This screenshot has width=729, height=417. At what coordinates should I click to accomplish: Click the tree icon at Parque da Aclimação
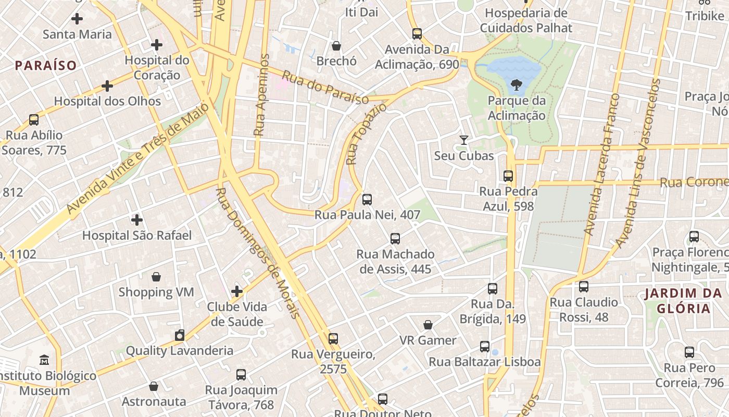point(517,84)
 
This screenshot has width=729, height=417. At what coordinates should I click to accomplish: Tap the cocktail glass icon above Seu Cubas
point(463,140)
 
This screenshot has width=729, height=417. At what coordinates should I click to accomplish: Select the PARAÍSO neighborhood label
point(46,65)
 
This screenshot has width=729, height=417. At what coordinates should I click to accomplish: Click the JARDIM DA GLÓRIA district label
point(683,301)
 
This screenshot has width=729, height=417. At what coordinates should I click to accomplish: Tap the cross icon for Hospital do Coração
point(156,45)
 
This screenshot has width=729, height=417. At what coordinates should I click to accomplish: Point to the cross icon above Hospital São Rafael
point(137,220)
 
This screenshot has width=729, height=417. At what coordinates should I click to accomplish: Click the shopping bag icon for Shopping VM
point(156,276)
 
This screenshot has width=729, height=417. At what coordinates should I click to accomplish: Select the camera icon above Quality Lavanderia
point(180,335)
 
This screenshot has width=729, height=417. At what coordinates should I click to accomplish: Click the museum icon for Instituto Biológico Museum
point(44,360)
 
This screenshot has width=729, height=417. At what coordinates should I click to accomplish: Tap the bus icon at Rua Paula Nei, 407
point(367,199)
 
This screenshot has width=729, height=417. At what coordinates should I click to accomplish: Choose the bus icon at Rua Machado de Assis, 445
point(395,239)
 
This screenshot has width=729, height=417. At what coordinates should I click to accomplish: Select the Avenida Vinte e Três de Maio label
point(137,158)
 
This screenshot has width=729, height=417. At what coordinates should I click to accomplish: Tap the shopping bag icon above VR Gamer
point(428,325)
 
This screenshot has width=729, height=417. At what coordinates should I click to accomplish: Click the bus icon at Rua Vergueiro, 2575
point(333,339)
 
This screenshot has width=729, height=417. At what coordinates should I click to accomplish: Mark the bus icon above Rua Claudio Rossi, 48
point(584,287)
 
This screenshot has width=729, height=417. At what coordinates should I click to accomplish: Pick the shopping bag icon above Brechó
point(336,46)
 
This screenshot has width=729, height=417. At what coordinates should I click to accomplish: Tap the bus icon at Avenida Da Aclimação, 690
point(417,34)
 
